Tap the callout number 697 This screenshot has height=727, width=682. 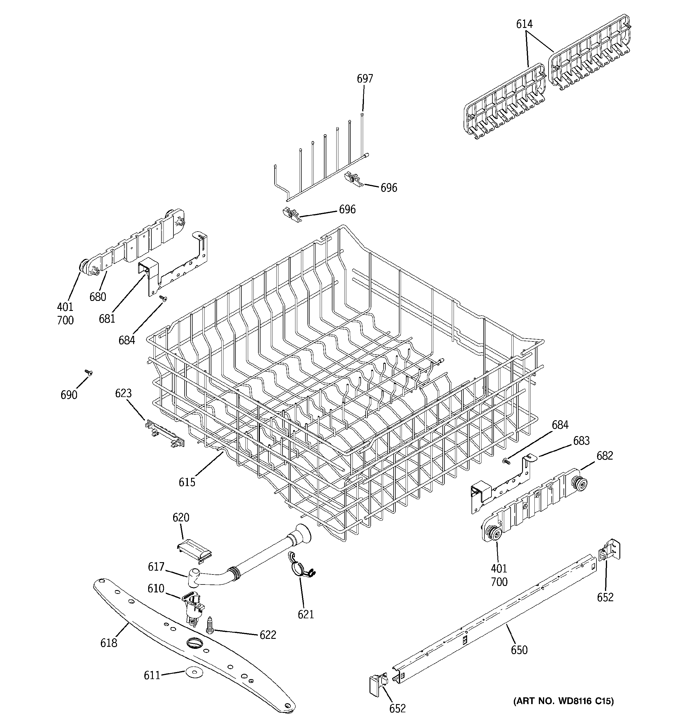[365, 79]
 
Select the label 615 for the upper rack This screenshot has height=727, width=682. [187, 482]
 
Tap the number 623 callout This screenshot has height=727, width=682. [123, 393]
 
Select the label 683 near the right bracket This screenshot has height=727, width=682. [581, 441]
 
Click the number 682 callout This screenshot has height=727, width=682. [604, 456]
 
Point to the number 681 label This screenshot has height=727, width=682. [107, 319]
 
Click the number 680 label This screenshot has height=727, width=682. [98, 297]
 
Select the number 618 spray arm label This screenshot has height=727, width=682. [109, 643]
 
